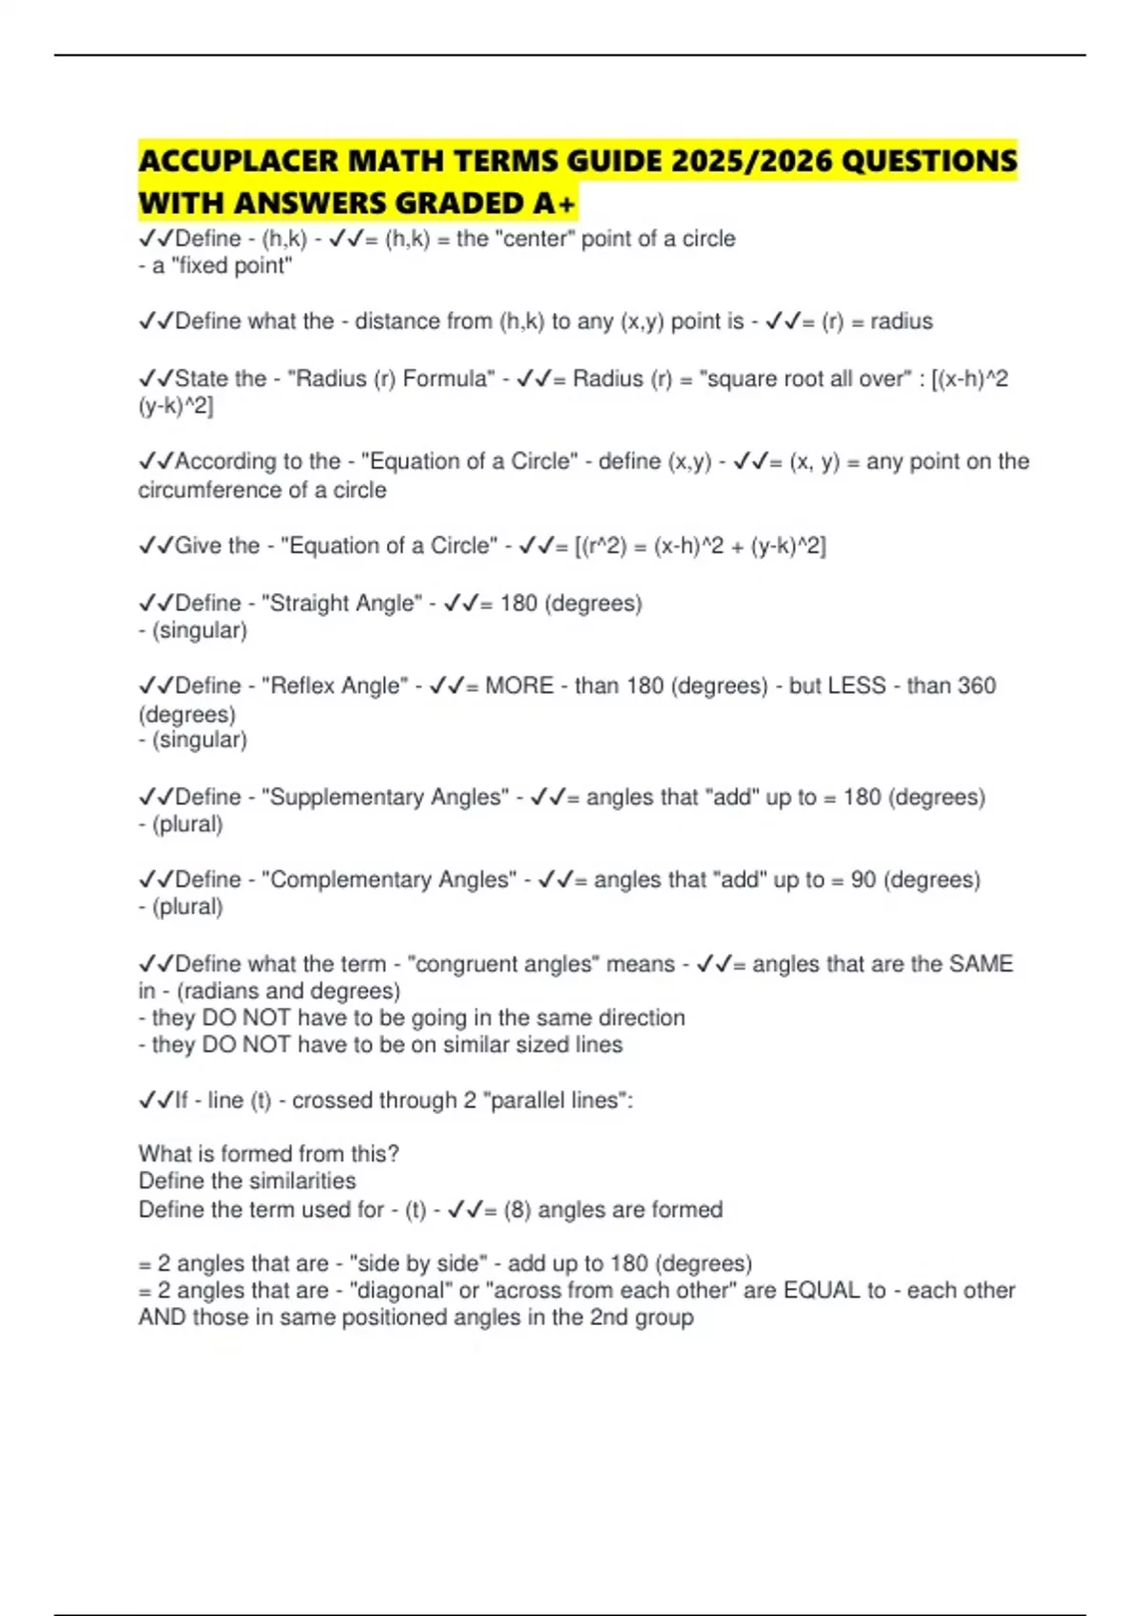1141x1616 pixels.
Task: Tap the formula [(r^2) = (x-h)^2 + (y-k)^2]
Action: [x=700, y=546]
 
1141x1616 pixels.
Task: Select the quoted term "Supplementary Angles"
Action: [x=385, y=797]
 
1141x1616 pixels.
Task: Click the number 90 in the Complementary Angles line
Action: [x=863, y=879]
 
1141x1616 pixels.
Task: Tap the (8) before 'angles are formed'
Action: [x=516, y=1209]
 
